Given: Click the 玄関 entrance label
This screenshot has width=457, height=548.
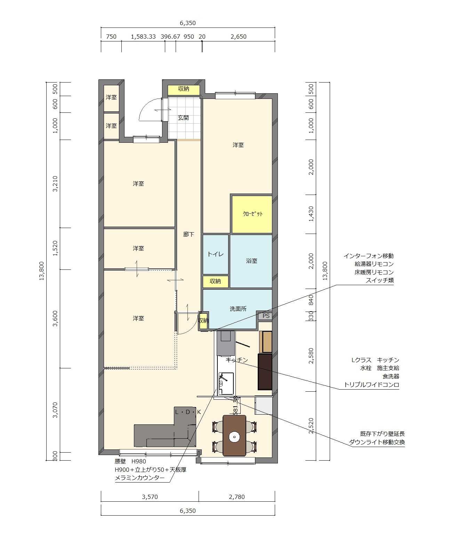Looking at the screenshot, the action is (x=183, y=118).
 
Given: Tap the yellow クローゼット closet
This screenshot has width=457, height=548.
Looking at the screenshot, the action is (x=252, y=214).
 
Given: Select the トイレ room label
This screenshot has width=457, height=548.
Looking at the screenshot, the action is (x=215, y=254).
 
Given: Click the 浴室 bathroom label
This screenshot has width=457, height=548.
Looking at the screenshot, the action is (x=251, y=261).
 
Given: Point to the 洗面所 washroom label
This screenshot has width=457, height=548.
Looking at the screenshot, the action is (x=238, y=309).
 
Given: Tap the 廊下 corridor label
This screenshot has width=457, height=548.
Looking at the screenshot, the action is (x=189, y=234).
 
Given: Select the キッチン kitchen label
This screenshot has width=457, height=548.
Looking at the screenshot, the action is (x=236, y=360).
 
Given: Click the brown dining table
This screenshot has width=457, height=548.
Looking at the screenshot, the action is (x=234, y=436).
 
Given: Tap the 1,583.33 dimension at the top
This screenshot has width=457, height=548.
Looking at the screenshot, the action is (x=143, y=37).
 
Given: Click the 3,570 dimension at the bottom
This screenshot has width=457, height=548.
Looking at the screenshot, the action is (x=150, y=497).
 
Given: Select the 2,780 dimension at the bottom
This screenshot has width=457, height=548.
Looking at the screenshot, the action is (x=236, y=497).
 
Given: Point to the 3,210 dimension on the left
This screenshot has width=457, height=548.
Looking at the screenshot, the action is (x=55, y=184).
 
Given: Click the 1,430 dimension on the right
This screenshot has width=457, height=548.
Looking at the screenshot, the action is (x=311, y=214).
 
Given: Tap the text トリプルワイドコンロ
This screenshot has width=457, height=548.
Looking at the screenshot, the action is (x=371, y=385).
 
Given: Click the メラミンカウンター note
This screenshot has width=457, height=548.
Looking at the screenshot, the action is (x=140, y=478).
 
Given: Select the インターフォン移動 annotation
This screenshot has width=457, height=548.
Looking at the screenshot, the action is (x=368, y=256).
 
